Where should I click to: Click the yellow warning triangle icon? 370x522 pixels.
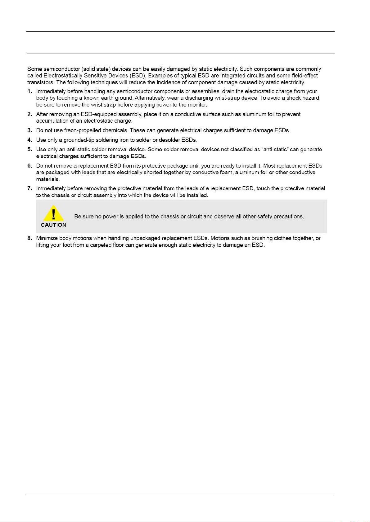click(53, 213)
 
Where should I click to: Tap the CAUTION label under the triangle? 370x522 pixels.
click(53, 225)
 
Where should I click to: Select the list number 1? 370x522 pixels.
click(29, 91)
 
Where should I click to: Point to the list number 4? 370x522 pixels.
click(29, 140)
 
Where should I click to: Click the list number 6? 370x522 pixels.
click(29, 166)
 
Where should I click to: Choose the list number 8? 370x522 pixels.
click(29, 238)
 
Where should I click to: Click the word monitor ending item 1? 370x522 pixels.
click(197, 105)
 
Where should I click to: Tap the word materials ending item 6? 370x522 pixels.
click(47, 179)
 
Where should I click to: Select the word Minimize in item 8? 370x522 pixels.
click(47, 238)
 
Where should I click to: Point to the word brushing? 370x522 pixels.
click(262, 238)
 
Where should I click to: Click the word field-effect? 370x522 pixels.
click(305, 76)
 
